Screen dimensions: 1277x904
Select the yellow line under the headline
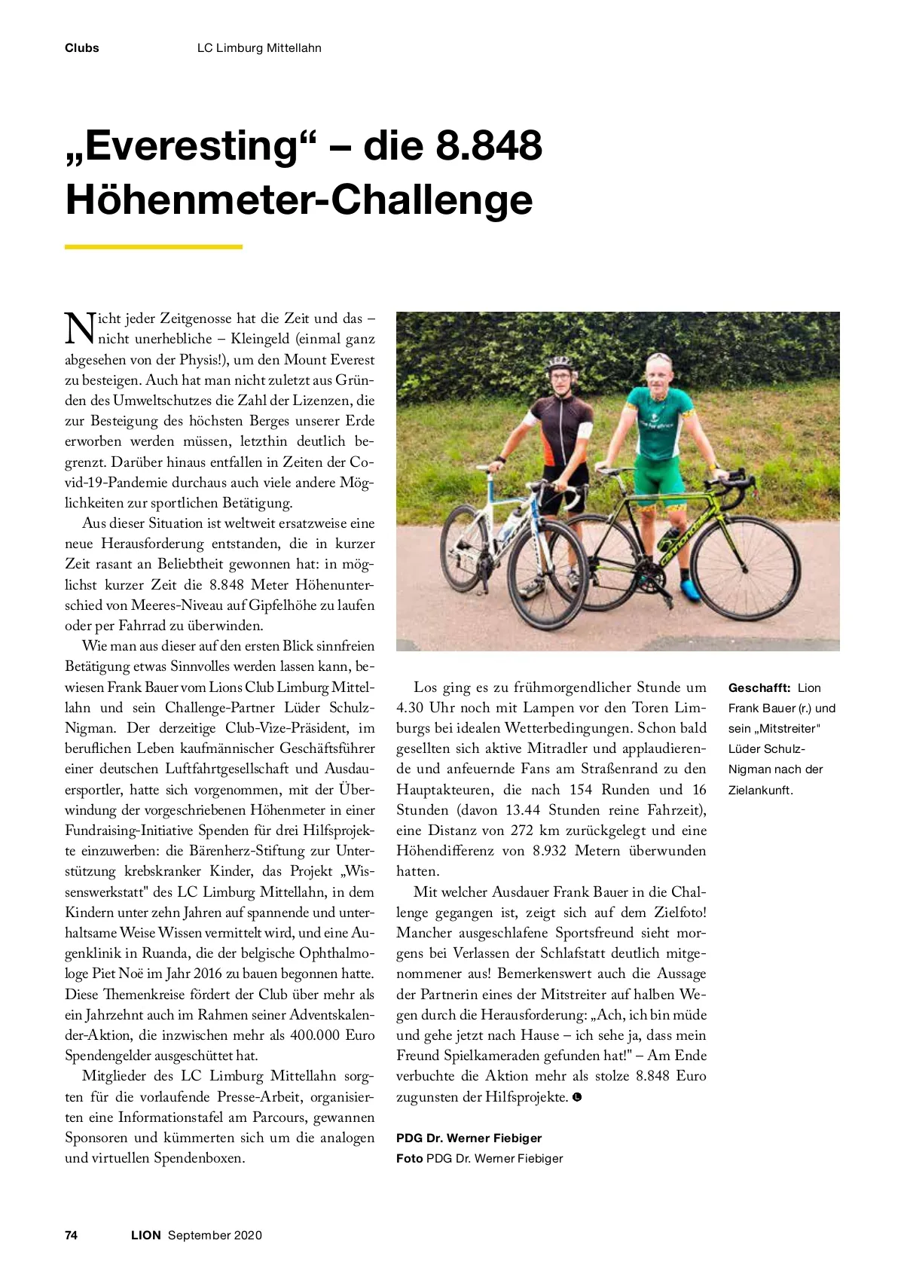click(x=153, y=246)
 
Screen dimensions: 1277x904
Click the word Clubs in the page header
click(x=81, y=48)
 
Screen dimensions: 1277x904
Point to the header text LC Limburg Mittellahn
click(x=259, y=48)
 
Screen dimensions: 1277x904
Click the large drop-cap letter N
click(x=80, y=328)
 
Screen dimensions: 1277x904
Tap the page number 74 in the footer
click(x=72, y=1235)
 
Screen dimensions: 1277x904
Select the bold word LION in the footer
click(x=145, y=1235)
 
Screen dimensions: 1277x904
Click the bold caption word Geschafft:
click(x=759, y=687)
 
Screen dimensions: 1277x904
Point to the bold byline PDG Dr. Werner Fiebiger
click(x=469, y=1138)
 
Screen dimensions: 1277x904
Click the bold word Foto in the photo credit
click(x=409, y=1158)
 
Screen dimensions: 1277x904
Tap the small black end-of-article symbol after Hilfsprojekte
click(x=577, y=1097)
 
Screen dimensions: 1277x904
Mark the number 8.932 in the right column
click(x=549, y=851)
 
